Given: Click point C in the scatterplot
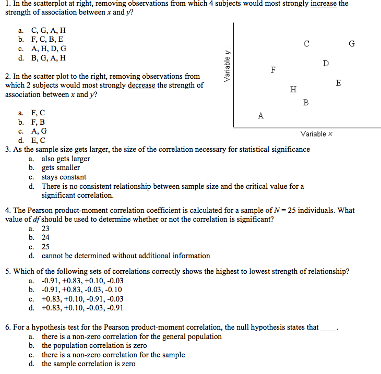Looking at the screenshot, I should [306, 44].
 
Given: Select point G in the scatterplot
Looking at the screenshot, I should [352, 44].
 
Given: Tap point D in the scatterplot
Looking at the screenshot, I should [326, 64].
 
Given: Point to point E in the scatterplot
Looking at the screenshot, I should [339, 83].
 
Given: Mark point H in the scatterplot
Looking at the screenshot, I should [293, 89].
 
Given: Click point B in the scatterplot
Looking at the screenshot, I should [306, 103].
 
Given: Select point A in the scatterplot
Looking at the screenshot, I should [260, 116].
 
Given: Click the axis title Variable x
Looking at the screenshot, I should [316, 134].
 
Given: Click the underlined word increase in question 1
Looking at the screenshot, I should [323, 4].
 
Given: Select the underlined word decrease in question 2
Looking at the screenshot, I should [141, 86].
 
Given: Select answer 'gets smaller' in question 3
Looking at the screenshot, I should [61, 168].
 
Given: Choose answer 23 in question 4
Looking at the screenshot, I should [45, 228].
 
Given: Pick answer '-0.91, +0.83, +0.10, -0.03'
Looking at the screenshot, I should [82, 281].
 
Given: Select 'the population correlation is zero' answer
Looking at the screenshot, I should [94, 345].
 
